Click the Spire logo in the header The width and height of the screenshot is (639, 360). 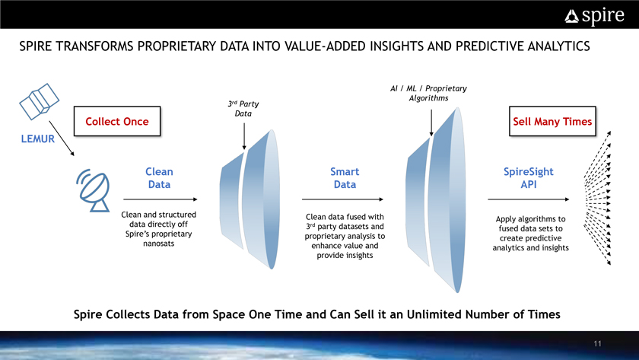(594, 16)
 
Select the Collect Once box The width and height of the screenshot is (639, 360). (117, 121)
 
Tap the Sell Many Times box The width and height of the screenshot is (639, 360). (552, 121)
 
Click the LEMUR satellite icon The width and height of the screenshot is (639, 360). (39, 101)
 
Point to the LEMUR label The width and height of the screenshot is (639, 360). (37, 139)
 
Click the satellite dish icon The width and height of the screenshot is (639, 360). (93, 190)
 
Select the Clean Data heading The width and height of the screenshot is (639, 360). (159, 178)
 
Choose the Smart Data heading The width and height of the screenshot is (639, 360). (345, 178)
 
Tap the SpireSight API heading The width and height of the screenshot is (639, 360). (529, 178)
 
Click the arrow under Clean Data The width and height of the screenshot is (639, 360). (161, 199)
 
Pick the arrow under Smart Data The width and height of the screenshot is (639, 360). (342, 199)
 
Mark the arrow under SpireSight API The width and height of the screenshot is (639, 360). (529, 199)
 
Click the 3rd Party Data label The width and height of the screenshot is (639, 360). (243, 109)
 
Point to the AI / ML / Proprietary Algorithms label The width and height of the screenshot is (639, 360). (429, 94)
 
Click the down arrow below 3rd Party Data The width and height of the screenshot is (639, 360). (244, 136)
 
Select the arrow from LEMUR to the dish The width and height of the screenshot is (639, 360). (62, 139)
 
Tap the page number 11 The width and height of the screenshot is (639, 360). (597, 344)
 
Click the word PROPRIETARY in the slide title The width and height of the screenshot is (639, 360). (177, 46)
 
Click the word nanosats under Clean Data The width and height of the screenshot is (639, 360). (158, 244)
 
